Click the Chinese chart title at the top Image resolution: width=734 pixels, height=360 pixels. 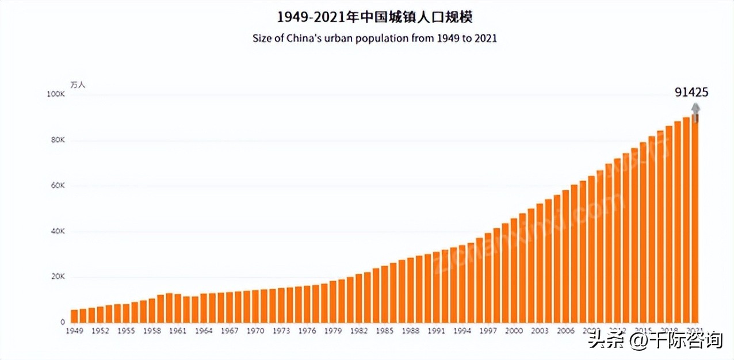(374, 17)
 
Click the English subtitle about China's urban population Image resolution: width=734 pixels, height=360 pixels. (374, 39)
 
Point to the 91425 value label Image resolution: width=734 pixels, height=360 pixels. (691, 92)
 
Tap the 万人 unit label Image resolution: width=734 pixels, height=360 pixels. (78, 85)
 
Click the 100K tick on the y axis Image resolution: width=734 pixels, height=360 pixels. (56, 94)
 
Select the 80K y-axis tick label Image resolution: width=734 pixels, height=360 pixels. (58, 140)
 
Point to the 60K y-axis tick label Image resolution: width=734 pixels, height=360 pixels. (58, 186)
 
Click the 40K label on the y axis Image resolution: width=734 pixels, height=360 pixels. (58, 231)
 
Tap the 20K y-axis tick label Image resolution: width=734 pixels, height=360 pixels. (58, 277)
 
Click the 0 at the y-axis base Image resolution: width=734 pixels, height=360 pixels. (63, 322)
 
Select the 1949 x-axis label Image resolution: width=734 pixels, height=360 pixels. (74, 331)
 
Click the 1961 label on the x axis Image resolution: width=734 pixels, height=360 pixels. (178, 331)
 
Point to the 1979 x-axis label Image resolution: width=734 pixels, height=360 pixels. (333, 331)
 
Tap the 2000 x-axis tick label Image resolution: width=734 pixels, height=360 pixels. (514, 331)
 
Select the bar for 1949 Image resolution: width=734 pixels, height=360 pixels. (74, 317)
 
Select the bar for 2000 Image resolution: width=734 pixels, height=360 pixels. (514, 271)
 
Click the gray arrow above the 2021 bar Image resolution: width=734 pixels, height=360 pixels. (695, 110)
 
